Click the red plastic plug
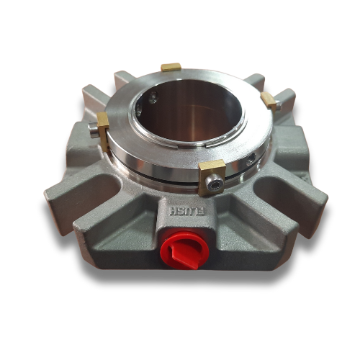tap(184, 249)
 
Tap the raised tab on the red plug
tap(179, 256)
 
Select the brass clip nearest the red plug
tap(211, 178)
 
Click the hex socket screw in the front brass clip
tap(215, 184)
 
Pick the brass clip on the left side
tap(103, 132)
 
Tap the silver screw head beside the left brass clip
tap(93, 130)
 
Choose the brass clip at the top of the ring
tap(171, 67)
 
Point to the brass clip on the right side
tap(269, 101)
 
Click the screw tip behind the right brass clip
tap(278, 104)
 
